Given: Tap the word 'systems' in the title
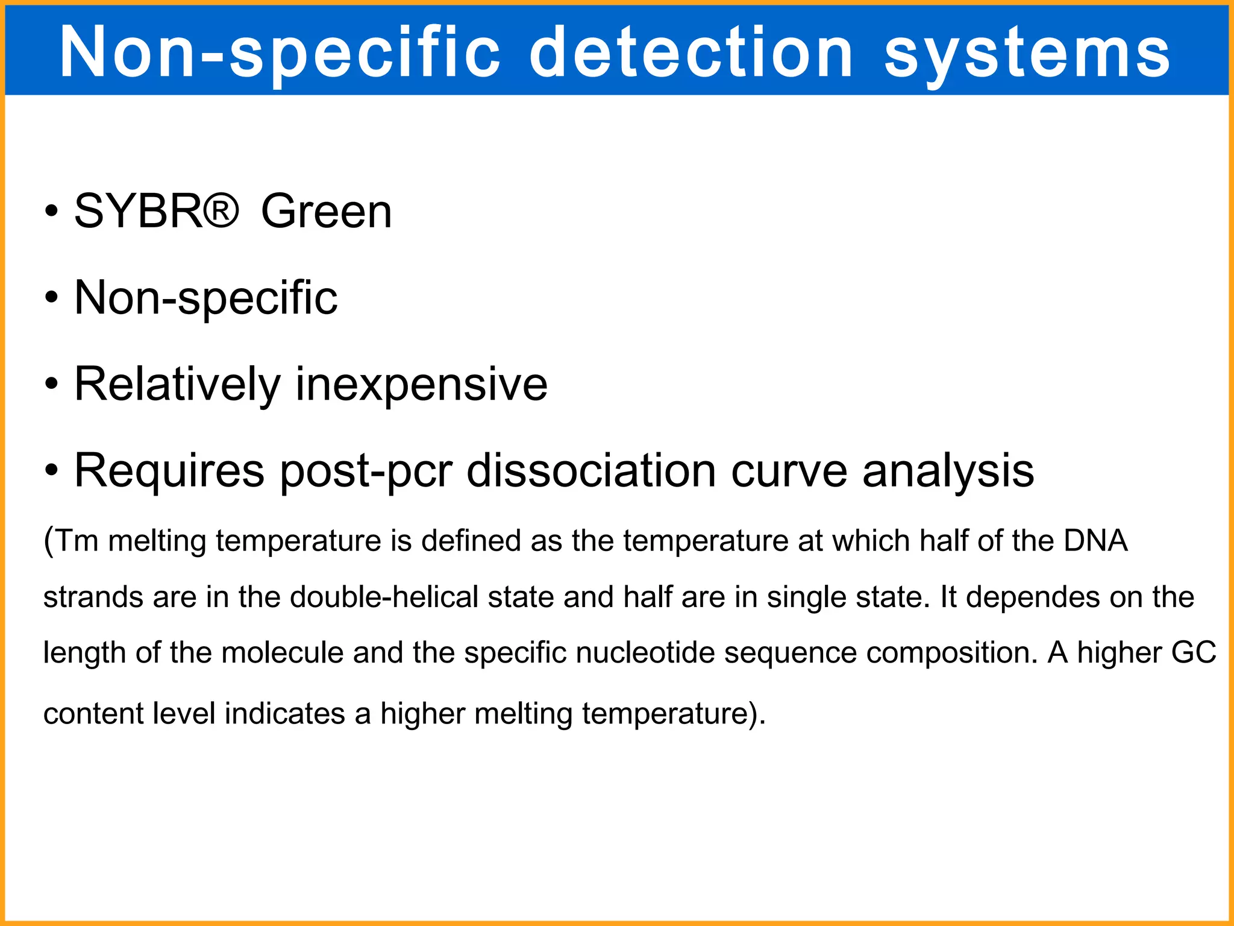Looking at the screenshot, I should click(x=1027, y=54).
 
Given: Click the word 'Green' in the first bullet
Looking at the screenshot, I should click(x=326, y=212).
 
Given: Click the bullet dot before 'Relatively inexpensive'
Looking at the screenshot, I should click(x=52, y=383).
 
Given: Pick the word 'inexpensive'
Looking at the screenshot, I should click(x=421, y=385).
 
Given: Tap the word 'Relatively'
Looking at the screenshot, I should click(x=177, y=385).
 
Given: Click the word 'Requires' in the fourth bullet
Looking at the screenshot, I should click(x=169, y=471).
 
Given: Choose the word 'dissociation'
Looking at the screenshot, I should click(x=591, y=471).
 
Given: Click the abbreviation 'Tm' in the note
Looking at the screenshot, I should click(x=77, y=541).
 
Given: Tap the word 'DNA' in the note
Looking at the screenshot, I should click(x=1095, y=540).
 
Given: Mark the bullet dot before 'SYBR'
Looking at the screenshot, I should click(x=52, y=212).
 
